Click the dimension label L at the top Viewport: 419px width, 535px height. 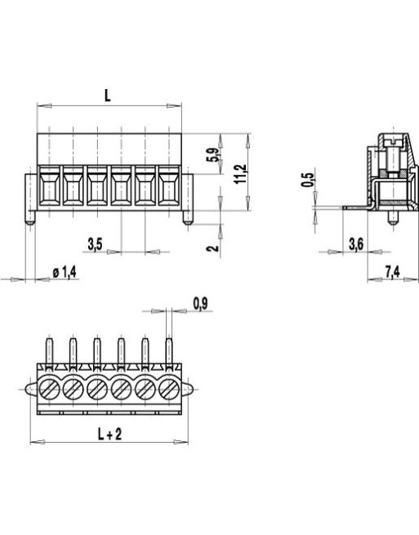(108, 95)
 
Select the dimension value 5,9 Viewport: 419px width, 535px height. (212, 155)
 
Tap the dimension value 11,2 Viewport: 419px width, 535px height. (239, 173)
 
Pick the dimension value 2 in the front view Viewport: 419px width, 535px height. (212, 246)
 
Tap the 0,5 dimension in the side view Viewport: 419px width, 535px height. (308, 181)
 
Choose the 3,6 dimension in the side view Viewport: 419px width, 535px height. (356, 243)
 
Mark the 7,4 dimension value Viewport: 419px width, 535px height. (392, 271)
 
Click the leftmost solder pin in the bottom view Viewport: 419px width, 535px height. (49, 354)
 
